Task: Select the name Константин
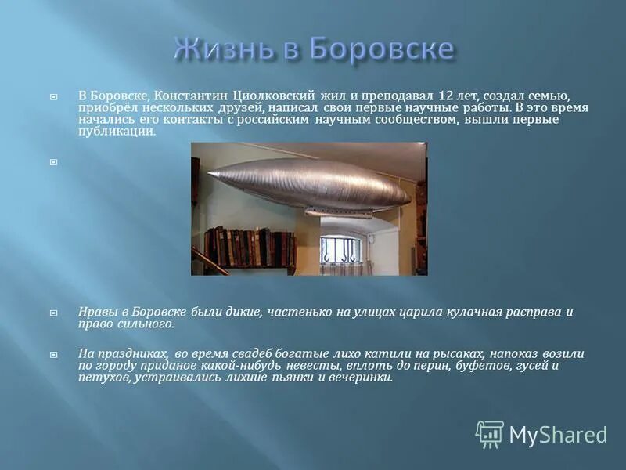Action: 187,95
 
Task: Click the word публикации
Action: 117,132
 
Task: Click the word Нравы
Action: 99,312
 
